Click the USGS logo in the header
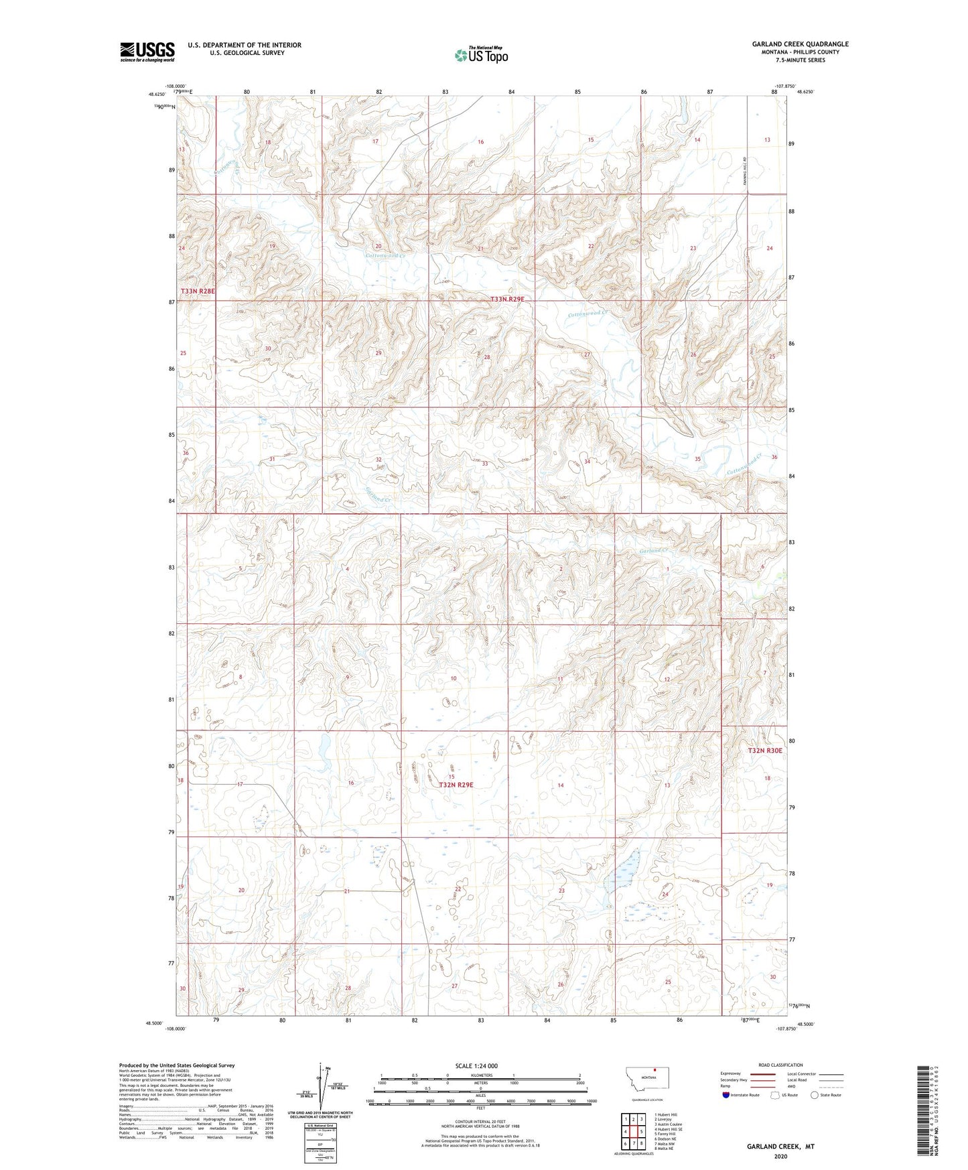(x=147, y=52)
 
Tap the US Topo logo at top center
(x=480, y=55)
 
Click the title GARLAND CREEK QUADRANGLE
(x=800, y=44)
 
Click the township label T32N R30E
(x=765, y=751)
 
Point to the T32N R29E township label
(x=456, y=785)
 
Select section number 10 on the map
(x=454, y=679)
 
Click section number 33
(x=484, y=464)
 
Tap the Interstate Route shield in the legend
(x=727, y=1095)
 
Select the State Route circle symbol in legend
(x=815, y=1095)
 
